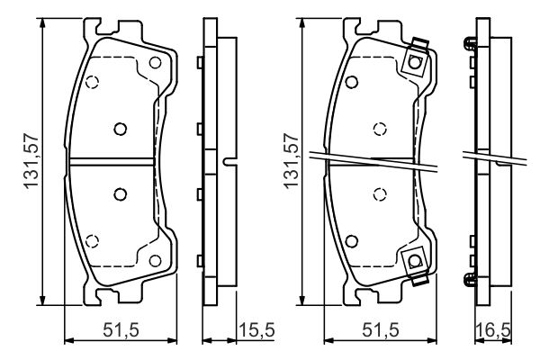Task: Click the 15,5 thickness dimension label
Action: click(256, 330)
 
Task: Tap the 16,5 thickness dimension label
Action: click(493, 330)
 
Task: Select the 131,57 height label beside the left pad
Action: click(31, 161)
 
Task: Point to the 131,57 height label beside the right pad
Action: click(291, 161)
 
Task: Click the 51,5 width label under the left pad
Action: click(121, 330)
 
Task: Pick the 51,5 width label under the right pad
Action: click(381, 330)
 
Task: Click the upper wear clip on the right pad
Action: click(415, 58)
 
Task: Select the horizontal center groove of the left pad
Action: click(112, 162)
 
